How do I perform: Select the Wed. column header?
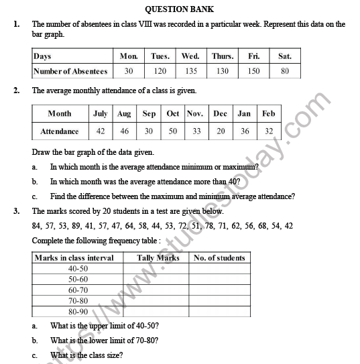point(190,56)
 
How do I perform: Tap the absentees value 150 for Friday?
point(254,71)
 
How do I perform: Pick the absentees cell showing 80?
point(284,71)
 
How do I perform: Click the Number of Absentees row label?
point(70,71)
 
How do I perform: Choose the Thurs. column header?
point(223,56)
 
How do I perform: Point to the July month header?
point(100,114)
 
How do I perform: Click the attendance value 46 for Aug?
point(124,131)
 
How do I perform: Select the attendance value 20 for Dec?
point(221,131)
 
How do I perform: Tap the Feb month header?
point(269,114)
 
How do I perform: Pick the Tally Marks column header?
point(158,257)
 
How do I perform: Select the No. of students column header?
point(219,257)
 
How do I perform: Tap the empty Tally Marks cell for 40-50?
point(158,268)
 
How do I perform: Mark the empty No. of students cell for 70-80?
point(219,300)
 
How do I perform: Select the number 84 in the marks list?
point(38,226)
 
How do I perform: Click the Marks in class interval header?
point(74,257)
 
